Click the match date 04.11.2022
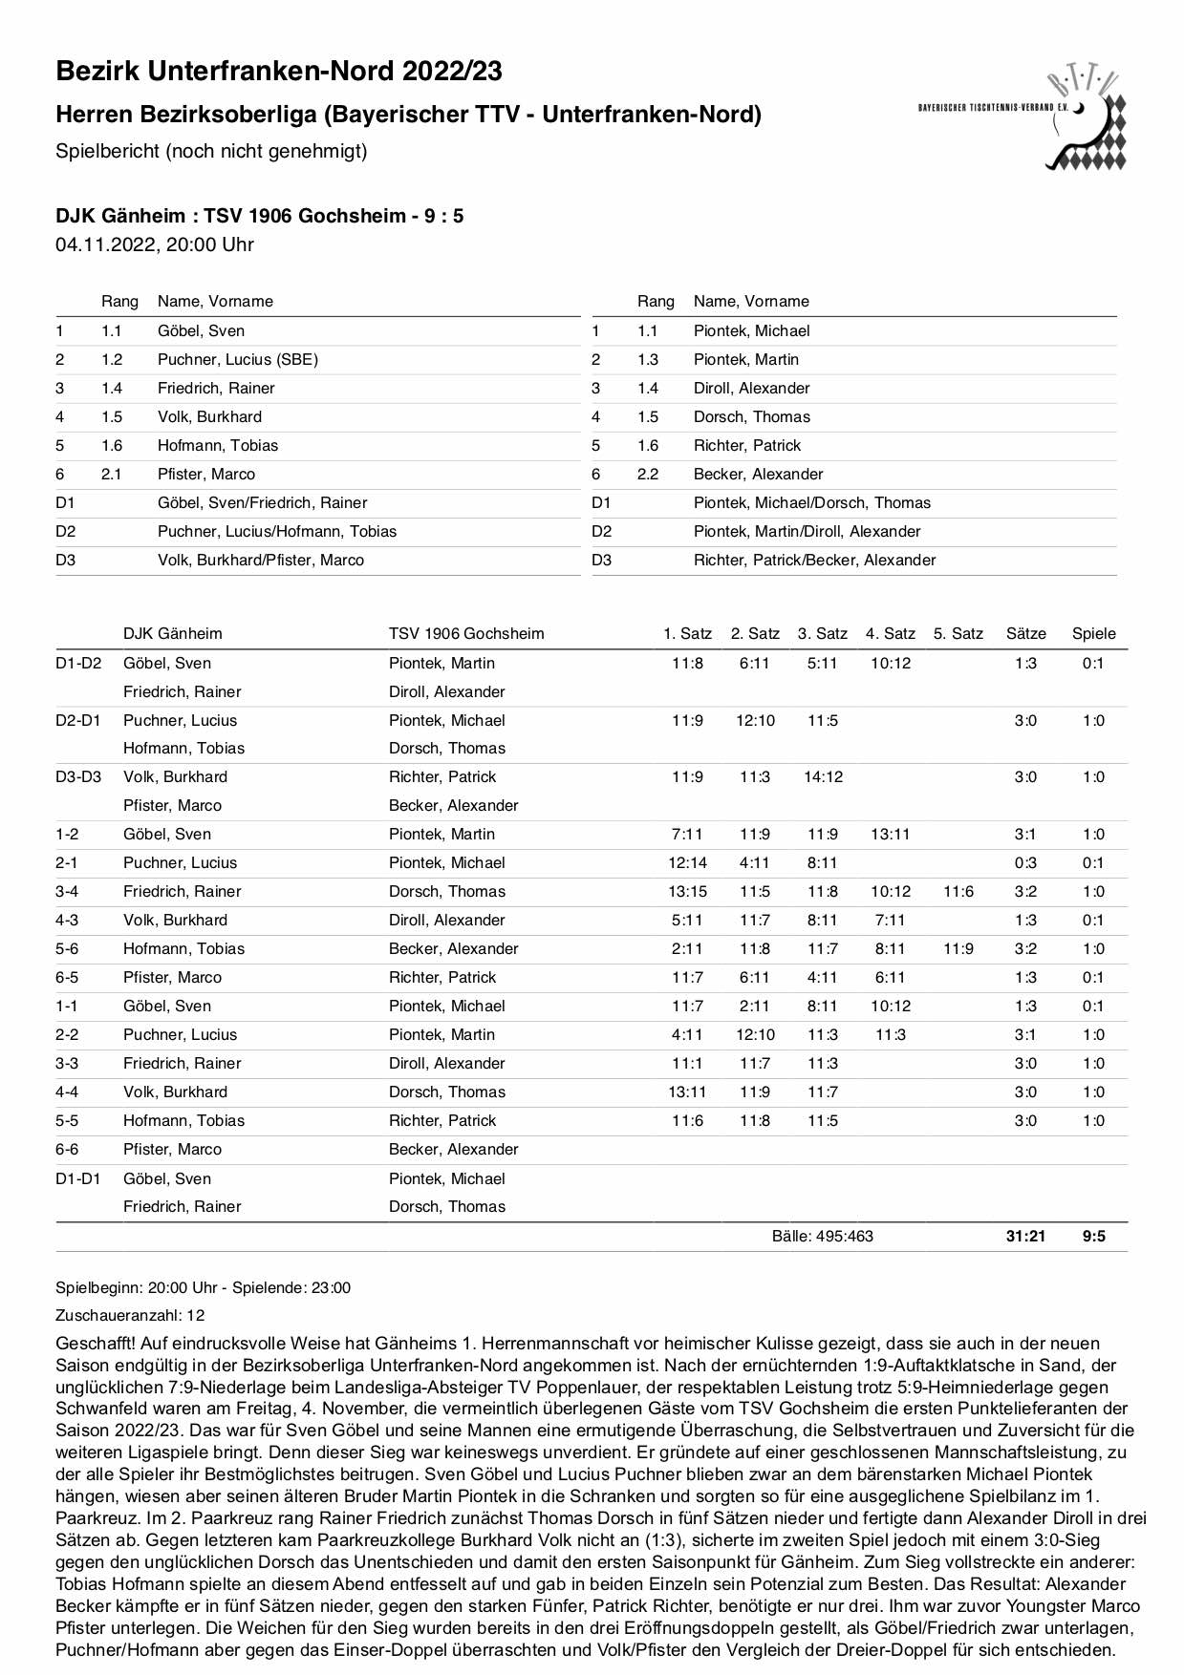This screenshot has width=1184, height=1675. (x=105, y=244)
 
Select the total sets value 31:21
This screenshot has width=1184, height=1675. (x=1025, y=1236)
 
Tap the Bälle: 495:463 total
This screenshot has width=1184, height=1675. (x=822, y=1236)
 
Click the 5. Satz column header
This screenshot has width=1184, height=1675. (x=958, y=633)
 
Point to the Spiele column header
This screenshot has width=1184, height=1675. (x=1093, y=633)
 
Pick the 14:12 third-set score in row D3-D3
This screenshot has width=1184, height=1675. (x=823, y=776)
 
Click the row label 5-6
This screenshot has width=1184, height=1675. (x=67, y=948)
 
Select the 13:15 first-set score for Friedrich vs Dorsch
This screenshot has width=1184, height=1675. (x=687, y=891)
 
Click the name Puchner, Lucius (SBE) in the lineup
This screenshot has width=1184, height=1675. (x=238, y=359)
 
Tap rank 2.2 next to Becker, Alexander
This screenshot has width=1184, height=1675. (x=648, y=474)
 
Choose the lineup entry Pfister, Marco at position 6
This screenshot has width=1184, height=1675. (x=206, y=474)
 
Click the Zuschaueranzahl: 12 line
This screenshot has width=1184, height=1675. (x=130, y=1315)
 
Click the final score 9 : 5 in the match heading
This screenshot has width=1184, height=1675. (x=444, y=216)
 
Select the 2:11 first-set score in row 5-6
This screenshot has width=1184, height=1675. (x=687, y=948)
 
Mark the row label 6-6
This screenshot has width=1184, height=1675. (x=67, y=1149)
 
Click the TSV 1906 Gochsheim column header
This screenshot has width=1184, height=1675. (x=466, y=633)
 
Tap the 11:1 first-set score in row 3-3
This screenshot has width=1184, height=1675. (x=687, y=1063)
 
